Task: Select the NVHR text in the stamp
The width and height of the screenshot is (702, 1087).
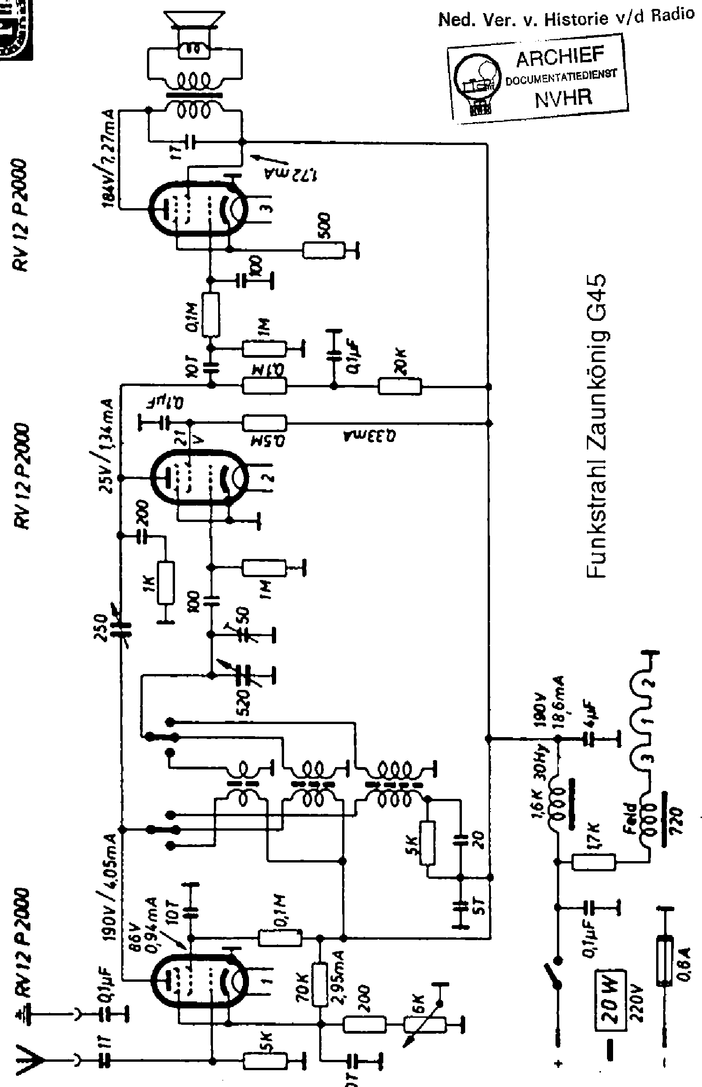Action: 563,97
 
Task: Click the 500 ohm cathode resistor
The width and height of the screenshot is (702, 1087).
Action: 323,250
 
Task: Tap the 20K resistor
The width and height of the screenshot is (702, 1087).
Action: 400,386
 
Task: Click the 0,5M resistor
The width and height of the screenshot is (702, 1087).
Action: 264,423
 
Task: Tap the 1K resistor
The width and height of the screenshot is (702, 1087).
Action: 166,583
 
